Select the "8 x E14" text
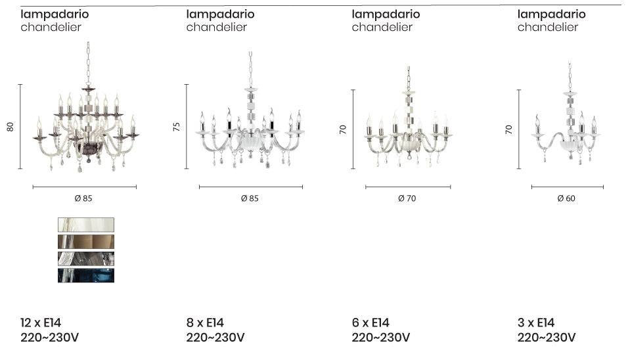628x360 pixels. click(205, 323)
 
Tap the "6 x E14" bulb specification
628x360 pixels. click(370, 323)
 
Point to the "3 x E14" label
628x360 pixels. click(536, 323)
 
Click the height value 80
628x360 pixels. click(10, 127)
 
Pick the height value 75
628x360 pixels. click(176, 127)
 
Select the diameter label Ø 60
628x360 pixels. click(566, 198)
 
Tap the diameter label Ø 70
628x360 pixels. click(407, 198)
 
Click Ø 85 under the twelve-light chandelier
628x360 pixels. click(84, 198)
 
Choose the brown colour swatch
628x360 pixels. click(85, 241)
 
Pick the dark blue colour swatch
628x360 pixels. click(85, 275)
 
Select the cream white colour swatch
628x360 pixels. click(85, 224)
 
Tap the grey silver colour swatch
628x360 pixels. click(85, 258)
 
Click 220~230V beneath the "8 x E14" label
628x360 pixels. click(215, 338)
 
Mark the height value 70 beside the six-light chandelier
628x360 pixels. click(342, 129)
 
